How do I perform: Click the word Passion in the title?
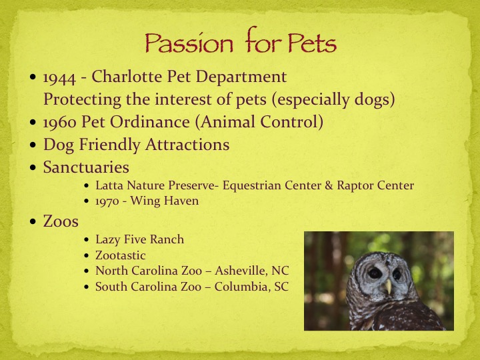point(189,42)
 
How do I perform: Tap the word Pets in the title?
point(312,42)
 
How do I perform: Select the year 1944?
point(59,77)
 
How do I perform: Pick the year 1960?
point(59,122)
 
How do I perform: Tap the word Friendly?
point(110,145)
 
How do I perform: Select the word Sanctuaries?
point(86,167)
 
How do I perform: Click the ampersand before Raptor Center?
point(329,185)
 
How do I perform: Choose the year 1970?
point(107,201)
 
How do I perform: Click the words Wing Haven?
point(165,201)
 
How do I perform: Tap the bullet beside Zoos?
point(33,221)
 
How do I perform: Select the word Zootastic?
point(120,255)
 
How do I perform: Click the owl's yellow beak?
point(388,286)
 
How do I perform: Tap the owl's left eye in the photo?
point(375,273)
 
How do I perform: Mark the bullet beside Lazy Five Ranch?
point(87,240)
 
